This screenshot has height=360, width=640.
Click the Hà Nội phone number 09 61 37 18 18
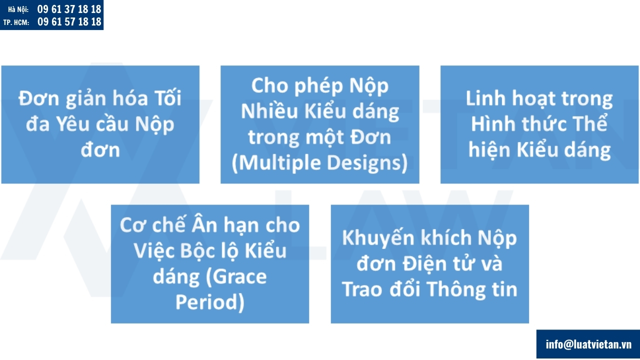coord(69,9)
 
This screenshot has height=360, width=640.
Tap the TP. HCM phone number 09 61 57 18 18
coord(69,21)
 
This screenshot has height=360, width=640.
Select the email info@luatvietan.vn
coord(588,344)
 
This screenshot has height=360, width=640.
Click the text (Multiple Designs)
coord(320,163)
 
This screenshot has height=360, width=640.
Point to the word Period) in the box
coord(210,302)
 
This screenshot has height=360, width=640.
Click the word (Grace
coord(236,276)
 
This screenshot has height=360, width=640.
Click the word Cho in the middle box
coord(269,85)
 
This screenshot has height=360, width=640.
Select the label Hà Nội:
coord(18,9)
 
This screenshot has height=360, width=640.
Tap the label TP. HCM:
coord(16,22)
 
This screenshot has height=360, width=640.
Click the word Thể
coord(590,124)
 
